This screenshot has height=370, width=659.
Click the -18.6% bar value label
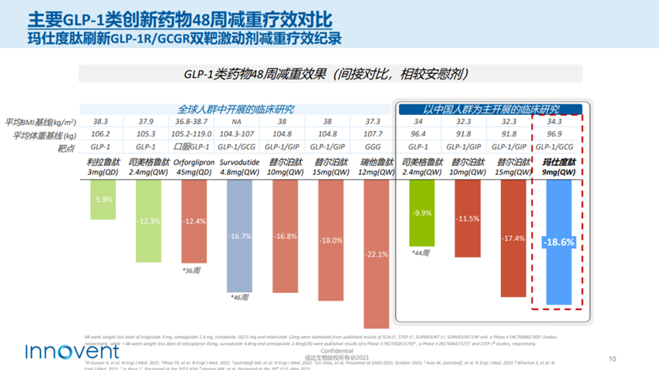[x=558, y=242]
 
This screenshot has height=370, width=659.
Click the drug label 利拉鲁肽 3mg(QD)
[x=101, y=167]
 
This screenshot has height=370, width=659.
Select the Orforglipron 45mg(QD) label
[x=194, y=167]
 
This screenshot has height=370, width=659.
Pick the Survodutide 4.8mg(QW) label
[x=240, y=167]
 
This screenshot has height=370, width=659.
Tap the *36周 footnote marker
[x=191, y=270]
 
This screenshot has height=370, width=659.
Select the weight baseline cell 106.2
[x=101, y=135]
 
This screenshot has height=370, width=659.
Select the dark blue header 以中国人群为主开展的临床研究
[x=491, y=109]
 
